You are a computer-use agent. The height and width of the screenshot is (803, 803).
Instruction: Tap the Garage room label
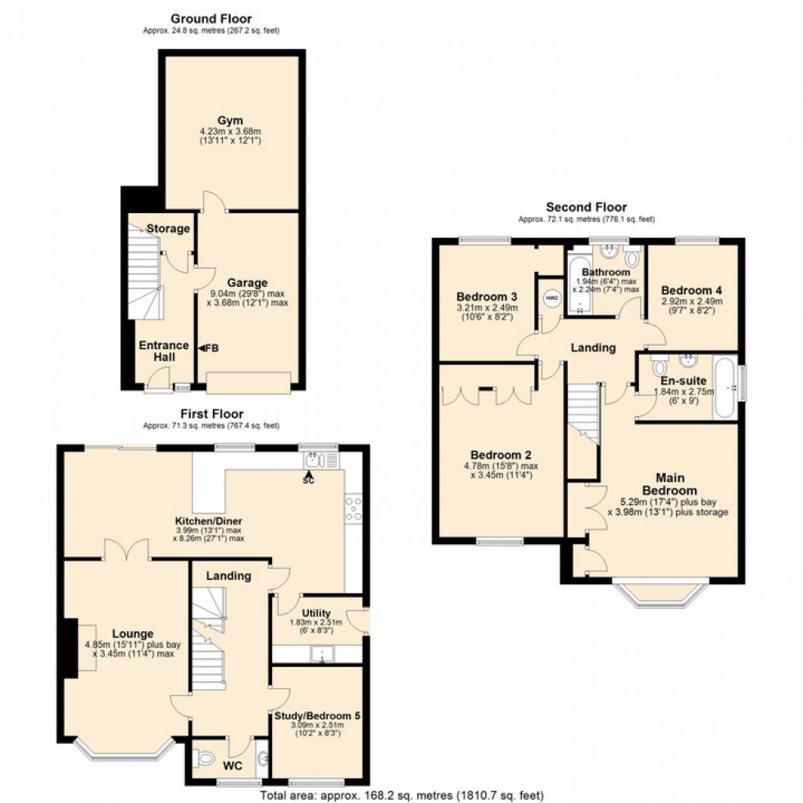247,284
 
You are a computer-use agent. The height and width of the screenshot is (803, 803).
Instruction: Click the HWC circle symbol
551,298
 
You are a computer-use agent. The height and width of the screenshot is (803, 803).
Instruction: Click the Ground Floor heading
211,18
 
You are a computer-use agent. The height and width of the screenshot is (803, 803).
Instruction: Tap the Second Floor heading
586,208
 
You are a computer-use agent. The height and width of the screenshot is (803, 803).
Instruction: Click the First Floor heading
211,414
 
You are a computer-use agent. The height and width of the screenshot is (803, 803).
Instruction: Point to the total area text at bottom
401,795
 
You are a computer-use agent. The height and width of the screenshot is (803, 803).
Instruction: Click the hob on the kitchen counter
355,510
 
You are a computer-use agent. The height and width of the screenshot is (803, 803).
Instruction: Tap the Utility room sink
322,654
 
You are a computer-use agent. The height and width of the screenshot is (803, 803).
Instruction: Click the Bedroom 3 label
487,296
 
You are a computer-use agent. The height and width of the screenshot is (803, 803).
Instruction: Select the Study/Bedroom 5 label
315,715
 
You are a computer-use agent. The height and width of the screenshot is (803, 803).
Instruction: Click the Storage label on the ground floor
168,229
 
